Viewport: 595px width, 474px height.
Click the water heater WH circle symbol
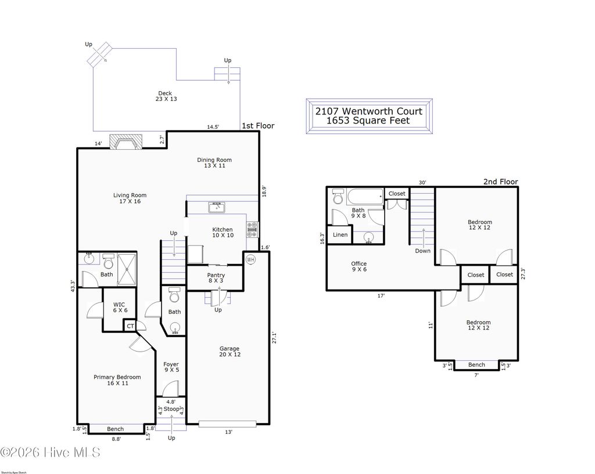(250, 259)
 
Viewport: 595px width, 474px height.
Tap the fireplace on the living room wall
(126, 142)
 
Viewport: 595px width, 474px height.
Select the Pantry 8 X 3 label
(216, 278)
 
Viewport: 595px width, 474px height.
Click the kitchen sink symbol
(217, 207)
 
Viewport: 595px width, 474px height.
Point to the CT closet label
(130, 327)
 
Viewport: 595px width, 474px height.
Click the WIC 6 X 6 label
(120, 307)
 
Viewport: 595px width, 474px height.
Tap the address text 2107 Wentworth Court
(368, 111)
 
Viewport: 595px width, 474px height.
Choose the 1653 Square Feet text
(368, 121)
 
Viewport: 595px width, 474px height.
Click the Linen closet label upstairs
(340, 235)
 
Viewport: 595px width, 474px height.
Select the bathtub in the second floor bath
(364, 196)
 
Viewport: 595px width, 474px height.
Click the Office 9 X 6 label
(359, 266)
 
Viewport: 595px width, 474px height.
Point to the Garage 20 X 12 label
(229, 352)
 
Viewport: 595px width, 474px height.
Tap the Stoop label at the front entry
(171, 409)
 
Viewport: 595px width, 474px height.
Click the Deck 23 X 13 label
(165, 96)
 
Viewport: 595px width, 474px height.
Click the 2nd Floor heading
(500, 182)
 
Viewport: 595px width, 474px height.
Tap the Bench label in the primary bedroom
(115, 429)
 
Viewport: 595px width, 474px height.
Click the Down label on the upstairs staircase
(422, 251)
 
